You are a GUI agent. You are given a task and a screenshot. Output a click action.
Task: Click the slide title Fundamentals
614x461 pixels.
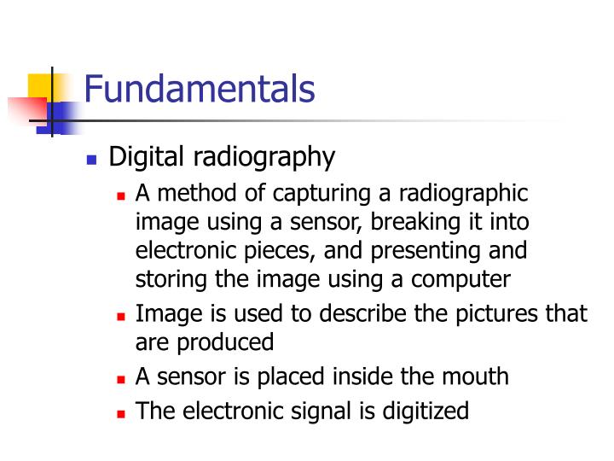coord(200,90)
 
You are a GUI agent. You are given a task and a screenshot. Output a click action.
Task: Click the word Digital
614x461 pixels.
coord(147,158)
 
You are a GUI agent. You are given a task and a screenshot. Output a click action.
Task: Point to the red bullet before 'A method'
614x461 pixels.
coord(121,196)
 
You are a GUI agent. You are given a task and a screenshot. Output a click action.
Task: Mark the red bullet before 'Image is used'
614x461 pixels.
coord(121,315)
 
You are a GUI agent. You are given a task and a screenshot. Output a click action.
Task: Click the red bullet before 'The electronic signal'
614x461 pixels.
coord(121,413)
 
